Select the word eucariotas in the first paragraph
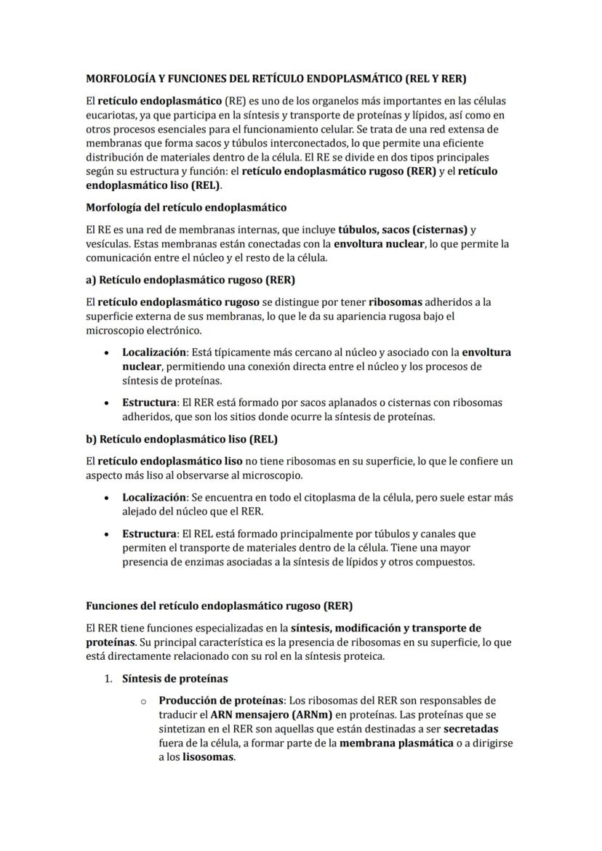coord(111,114)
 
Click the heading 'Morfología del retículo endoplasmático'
coord(186,208)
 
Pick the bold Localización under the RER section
coord(154,352)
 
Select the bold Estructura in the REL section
coord(149,533)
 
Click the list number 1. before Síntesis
coord(108,679)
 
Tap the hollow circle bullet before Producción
coord(144,701)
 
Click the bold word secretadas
coord(470,728)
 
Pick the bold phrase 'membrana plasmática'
coord(392,743)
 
